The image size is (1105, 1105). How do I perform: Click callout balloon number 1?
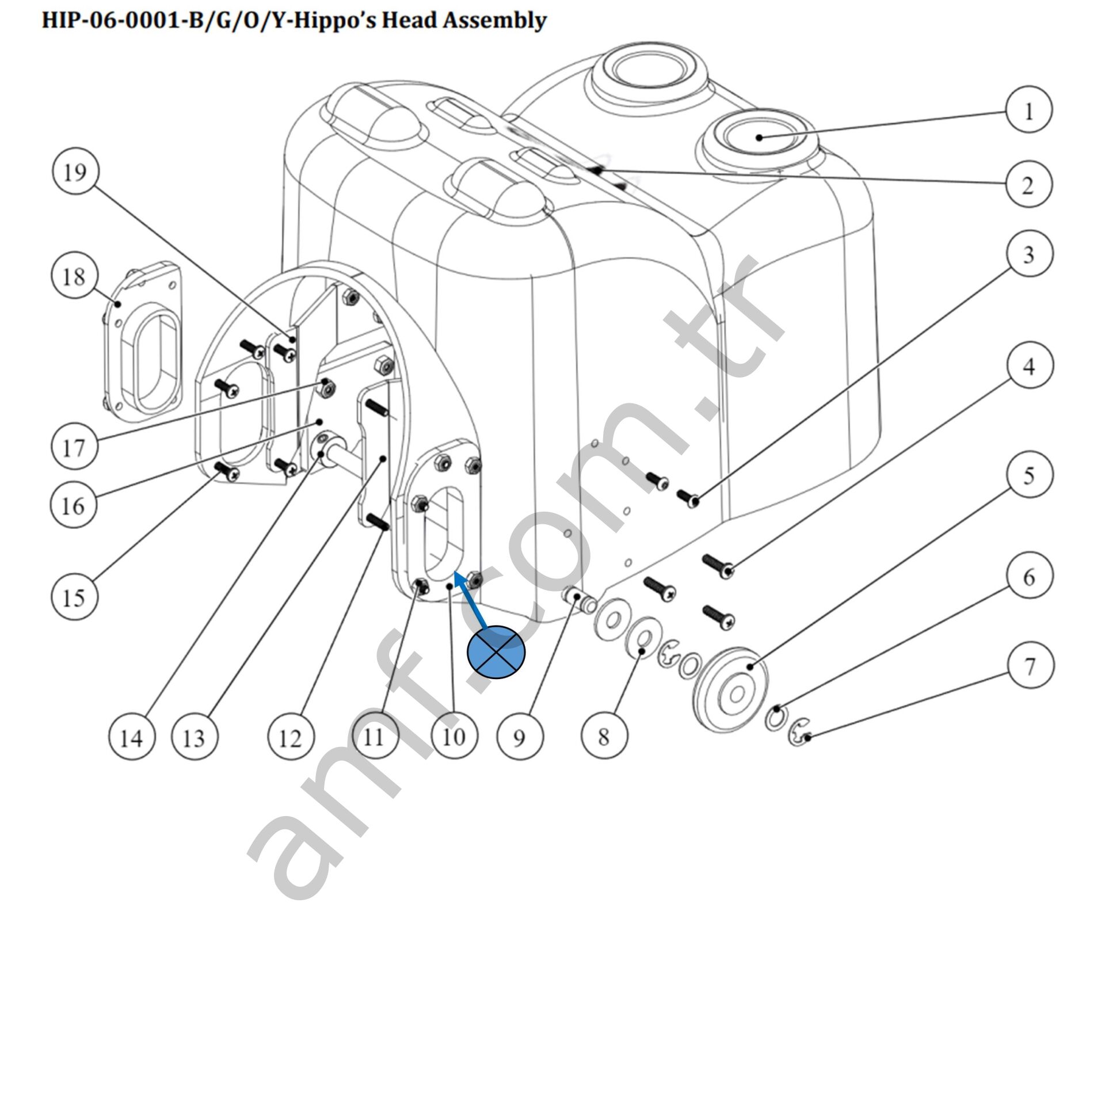1029,110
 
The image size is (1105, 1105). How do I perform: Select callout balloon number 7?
1030,666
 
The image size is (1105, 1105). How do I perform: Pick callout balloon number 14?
132,737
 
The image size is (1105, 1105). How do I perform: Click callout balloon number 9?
519,737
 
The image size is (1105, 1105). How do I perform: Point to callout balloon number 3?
1030,254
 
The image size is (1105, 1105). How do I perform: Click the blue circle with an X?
496,651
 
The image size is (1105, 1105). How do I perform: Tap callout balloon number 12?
291,737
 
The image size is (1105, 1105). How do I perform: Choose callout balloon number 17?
74,447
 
